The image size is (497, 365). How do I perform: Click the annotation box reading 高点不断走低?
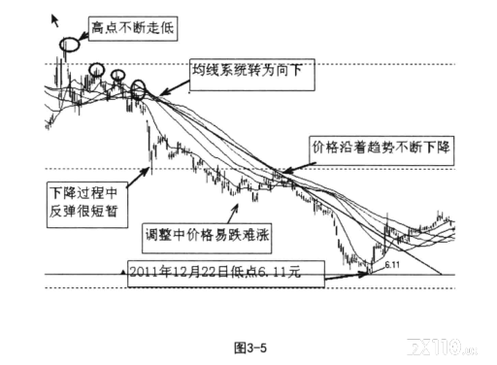tap(133, 28)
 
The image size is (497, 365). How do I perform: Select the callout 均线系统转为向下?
tap(251, 75)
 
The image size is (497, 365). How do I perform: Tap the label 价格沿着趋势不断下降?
tap(381, 150)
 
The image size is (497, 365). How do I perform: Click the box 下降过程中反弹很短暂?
tap(86, 205)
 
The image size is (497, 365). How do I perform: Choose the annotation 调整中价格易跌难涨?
tap(207, 238)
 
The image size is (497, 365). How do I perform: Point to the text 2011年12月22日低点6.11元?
tap(215, 273)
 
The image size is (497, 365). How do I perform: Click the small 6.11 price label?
tap(392, 265)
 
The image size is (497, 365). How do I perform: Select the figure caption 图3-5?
tap(250, 348)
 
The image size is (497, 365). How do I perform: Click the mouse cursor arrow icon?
tap(55, 20)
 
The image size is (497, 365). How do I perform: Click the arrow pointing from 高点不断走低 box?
tap(83, 35)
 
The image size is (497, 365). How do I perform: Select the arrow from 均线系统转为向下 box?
tap(174, 87)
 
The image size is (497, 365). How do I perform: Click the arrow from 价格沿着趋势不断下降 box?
tap(300, 168)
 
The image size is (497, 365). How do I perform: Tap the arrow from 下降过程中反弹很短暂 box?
tap(138, 178)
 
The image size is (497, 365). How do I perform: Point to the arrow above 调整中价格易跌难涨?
tap(233, 214)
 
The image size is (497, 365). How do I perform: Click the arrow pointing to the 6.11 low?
tap(348, 276)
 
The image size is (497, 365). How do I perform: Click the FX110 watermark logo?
tap(442, 347)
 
